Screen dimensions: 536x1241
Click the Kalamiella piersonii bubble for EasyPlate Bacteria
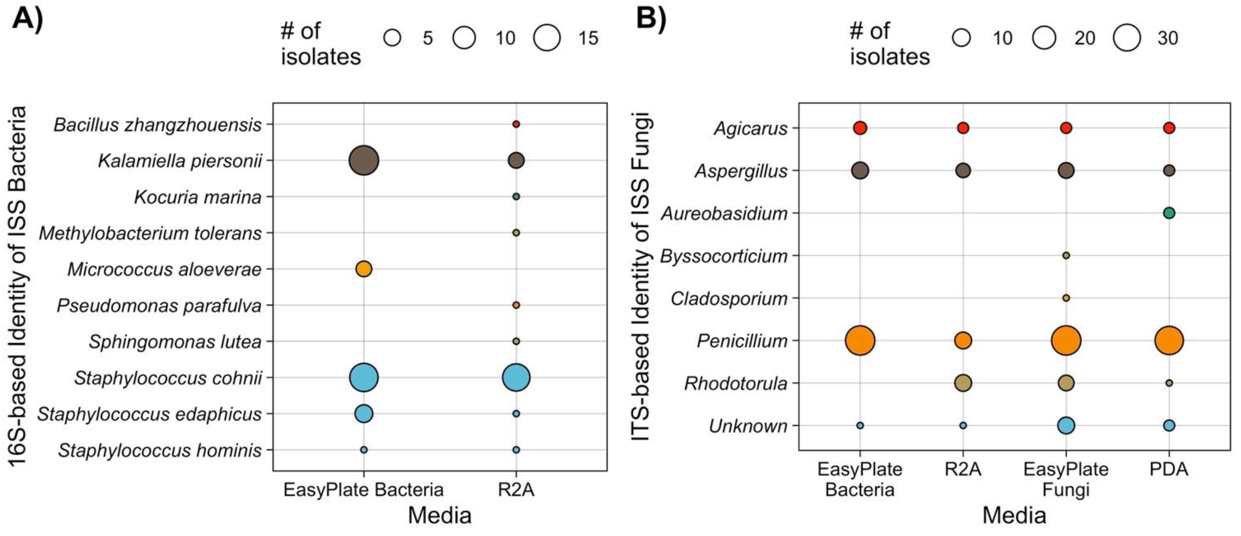point(364,160)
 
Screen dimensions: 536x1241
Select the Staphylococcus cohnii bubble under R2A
point(516,378)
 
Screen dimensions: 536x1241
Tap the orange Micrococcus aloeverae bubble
point(364,269)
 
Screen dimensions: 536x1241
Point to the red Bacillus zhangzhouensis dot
point(516,124)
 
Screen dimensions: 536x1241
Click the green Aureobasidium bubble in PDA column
point(1169,213)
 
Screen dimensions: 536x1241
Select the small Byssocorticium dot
point(1066,255)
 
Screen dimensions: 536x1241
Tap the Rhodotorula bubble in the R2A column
point(963,383)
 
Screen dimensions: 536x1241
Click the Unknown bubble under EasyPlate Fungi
point(1066,425)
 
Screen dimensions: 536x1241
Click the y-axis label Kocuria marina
point(198,197)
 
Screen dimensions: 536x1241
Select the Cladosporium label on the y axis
point(729,299)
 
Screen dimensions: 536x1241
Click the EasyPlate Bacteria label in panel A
point(363,490)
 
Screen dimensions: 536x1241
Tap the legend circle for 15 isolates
point(547,38)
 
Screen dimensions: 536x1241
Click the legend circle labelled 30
point(1127,38)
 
